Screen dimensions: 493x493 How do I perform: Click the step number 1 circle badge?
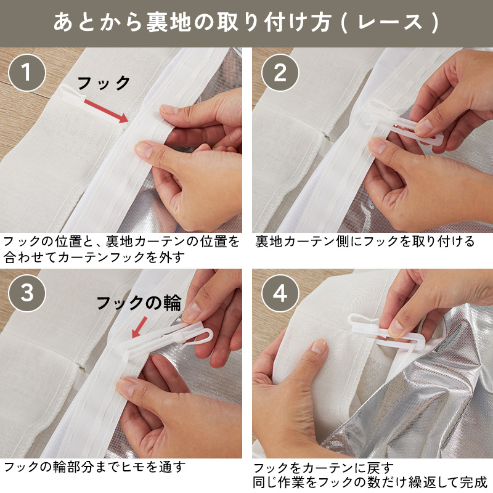(27, 73)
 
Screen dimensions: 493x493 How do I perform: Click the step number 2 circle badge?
(280, 73)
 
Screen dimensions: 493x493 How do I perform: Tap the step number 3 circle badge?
(27, 293)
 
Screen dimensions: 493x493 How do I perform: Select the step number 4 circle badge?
(280, 293)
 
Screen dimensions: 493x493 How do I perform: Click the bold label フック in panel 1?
(104, 83)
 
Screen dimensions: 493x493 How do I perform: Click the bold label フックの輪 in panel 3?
(139, 303)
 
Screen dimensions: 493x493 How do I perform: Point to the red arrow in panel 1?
(106, 112)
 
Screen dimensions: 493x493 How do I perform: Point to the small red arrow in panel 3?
(139, 327)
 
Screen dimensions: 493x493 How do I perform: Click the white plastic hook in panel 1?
(73, 93)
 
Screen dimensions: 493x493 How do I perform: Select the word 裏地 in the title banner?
(169, 23)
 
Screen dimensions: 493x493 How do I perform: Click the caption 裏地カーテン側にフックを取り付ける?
(365, 242)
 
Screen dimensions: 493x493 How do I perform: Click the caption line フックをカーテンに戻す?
(323, 468)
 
